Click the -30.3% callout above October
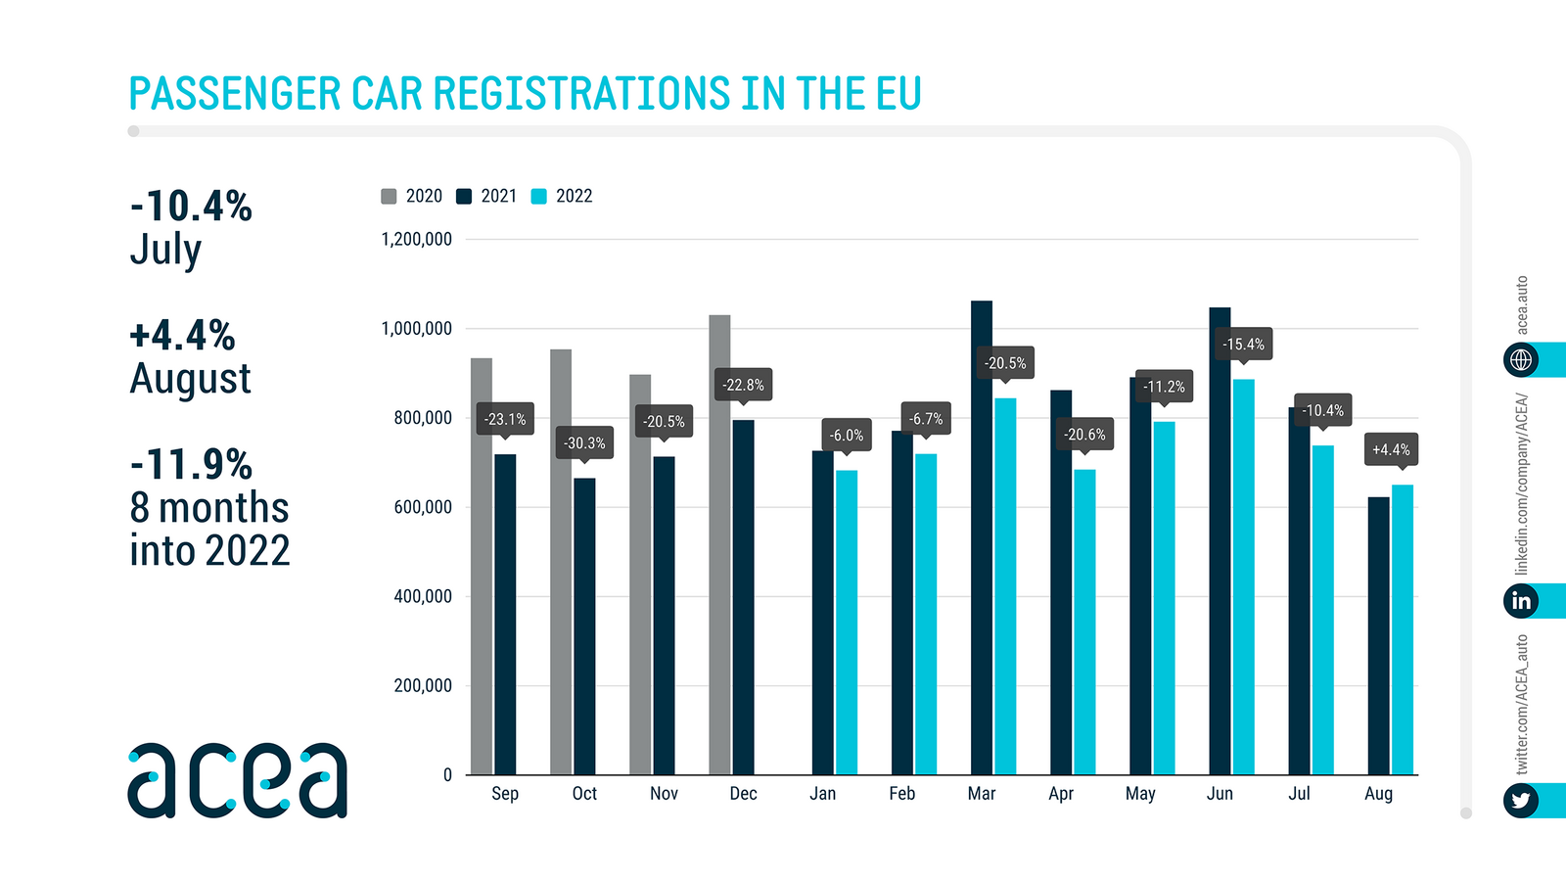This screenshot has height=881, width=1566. (x=584, y=443)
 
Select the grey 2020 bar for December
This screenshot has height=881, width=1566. (x=719, y=544)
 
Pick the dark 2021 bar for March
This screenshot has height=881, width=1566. (x=981, y=537)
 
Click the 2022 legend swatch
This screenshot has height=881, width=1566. (x=538, y=197)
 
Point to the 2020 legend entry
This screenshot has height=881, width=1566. (x=412, y=197)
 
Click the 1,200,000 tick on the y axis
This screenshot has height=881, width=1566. (x=416, y=240)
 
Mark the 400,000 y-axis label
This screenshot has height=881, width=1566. (x=423, y=596)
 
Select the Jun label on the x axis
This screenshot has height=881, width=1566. (x=1220, y=794)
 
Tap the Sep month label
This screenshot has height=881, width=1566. (x=505, y=794)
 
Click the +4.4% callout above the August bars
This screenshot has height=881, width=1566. (x=1391, y=449)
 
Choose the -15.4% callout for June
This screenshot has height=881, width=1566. (x=1243, y=344)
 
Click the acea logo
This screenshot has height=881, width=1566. (x=238, y=780)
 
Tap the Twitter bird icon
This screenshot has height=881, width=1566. (x=1521, y=801)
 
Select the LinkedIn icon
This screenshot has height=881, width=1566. (x=1521, y=600)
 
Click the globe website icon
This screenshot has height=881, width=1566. (x=1521, y=359)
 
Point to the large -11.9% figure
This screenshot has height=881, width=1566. (x=192, y=464)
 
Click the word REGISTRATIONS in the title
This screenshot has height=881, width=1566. (x=581, y=94)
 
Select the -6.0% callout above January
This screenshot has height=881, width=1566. (x=847, y=435)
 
